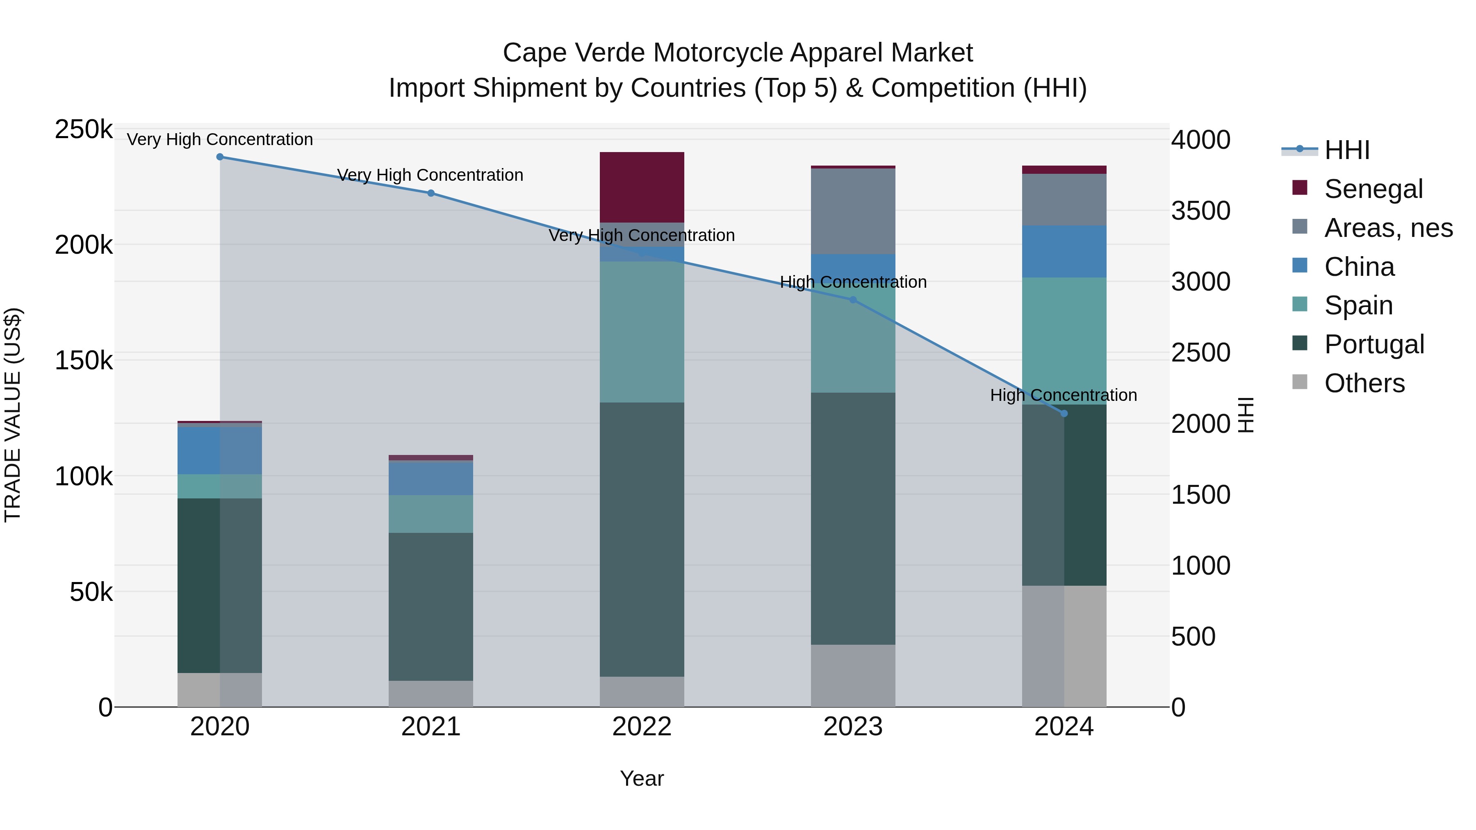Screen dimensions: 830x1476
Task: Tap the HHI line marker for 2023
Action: pyautogui.click(x=853, y=300)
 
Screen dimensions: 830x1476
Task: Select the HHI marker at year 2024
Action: pyautogui.click(x=1064, y=414)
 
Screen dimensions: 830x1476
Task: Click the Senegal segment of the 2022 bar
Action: pyautogui.click(x=642, y=187)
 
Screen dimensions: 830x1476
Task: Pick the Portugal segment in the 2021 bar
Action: pyautogui.click(x=431, y=607)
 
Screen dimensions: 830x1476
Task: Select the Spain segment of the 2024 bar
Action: pyautogui.click(x=1064, y=341)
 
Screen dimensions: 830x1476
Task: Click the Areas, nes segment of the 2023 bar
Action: pyautogui.click(x=853, y=211)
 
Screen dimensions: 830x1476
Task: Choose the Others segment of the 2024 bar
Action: pyautogui.click(x=1064, y=646)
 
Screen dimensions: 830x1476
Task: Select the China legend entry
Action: pyautogui.click(x=1359, y=267)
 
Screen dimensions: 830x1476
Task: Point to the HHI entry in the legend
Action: pyautogui.click(x=1346, y=150)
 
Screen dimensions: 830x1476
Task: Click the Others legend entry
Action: pyautogui.click(x=1364, y=383)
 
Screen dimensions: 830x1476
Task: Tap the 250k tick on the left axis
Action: pyautogui.click(x=84, y=130)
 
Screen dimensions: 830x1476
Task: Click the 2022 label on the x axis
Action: pyautogui.click(x=642, y=727)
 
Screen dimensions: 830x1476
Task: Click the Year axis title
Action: pyautogui.click(x=642, y=778)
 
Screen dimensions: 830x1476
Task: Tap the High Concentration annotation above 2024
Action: pyautogui.click(x=1064, y=395)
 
